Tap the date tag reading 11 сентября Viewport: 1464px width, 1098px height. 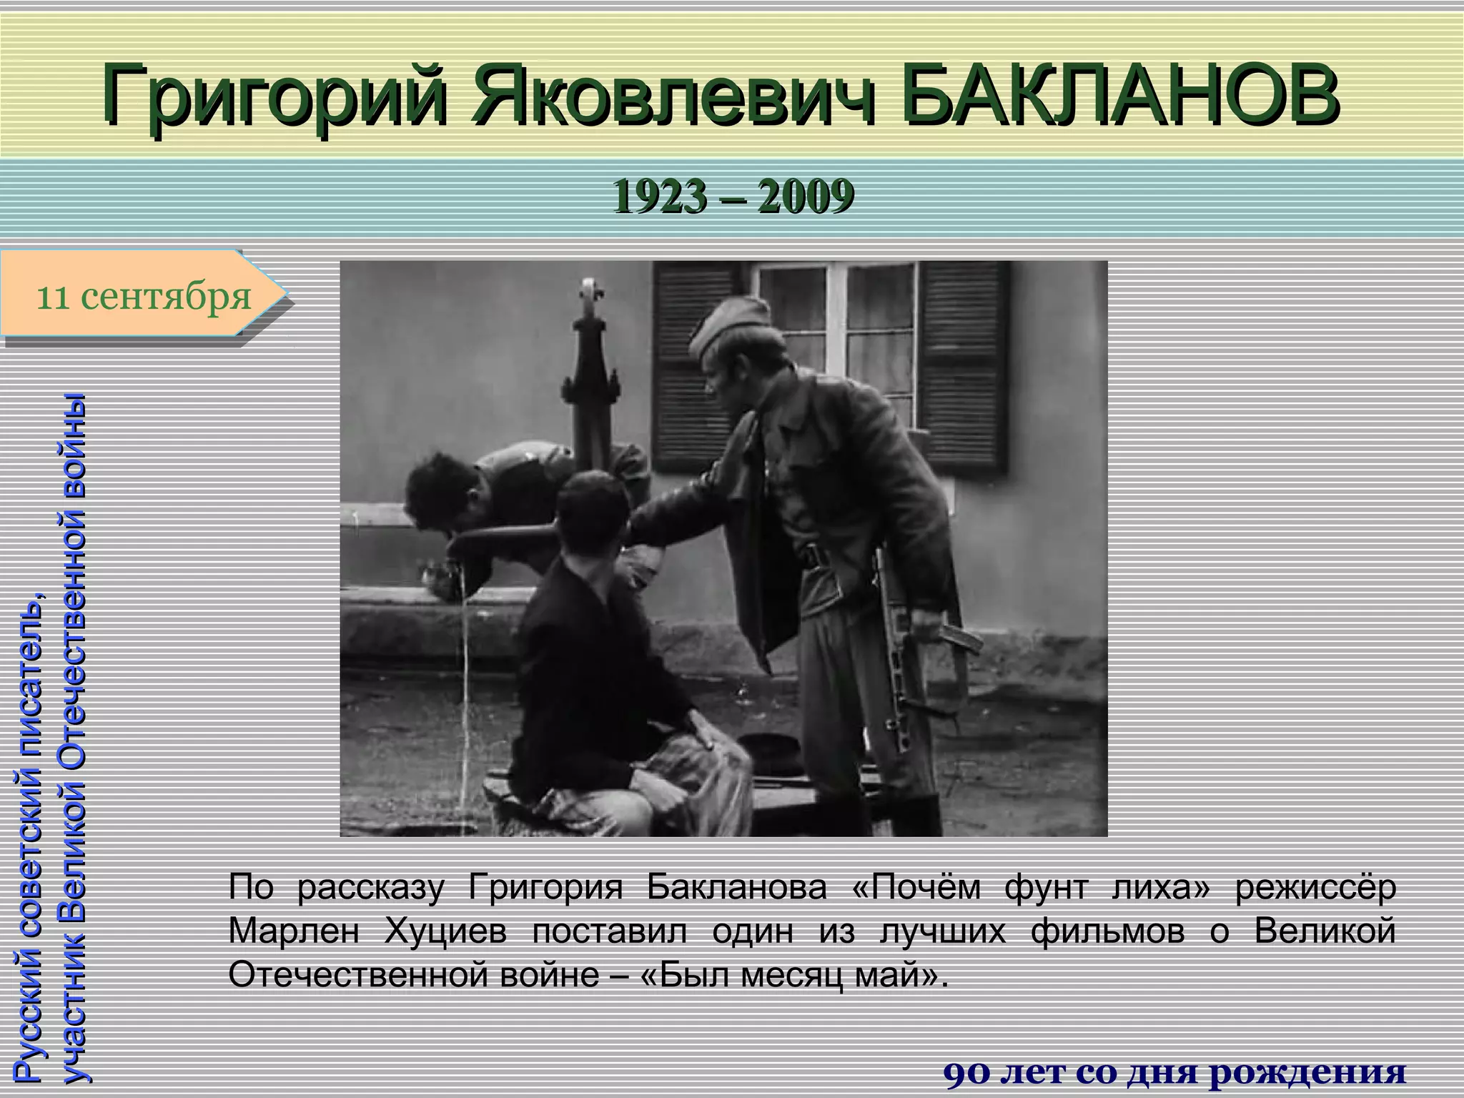(x=143, y=295)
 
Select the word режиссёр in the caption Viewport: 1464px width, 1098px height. (x=1316, y=887)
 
